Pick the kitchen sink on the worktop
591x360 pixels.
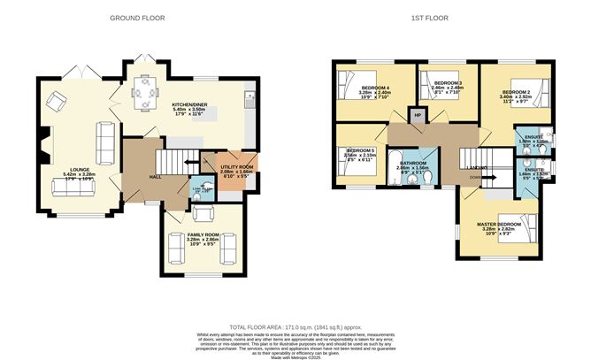(251, 96)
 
